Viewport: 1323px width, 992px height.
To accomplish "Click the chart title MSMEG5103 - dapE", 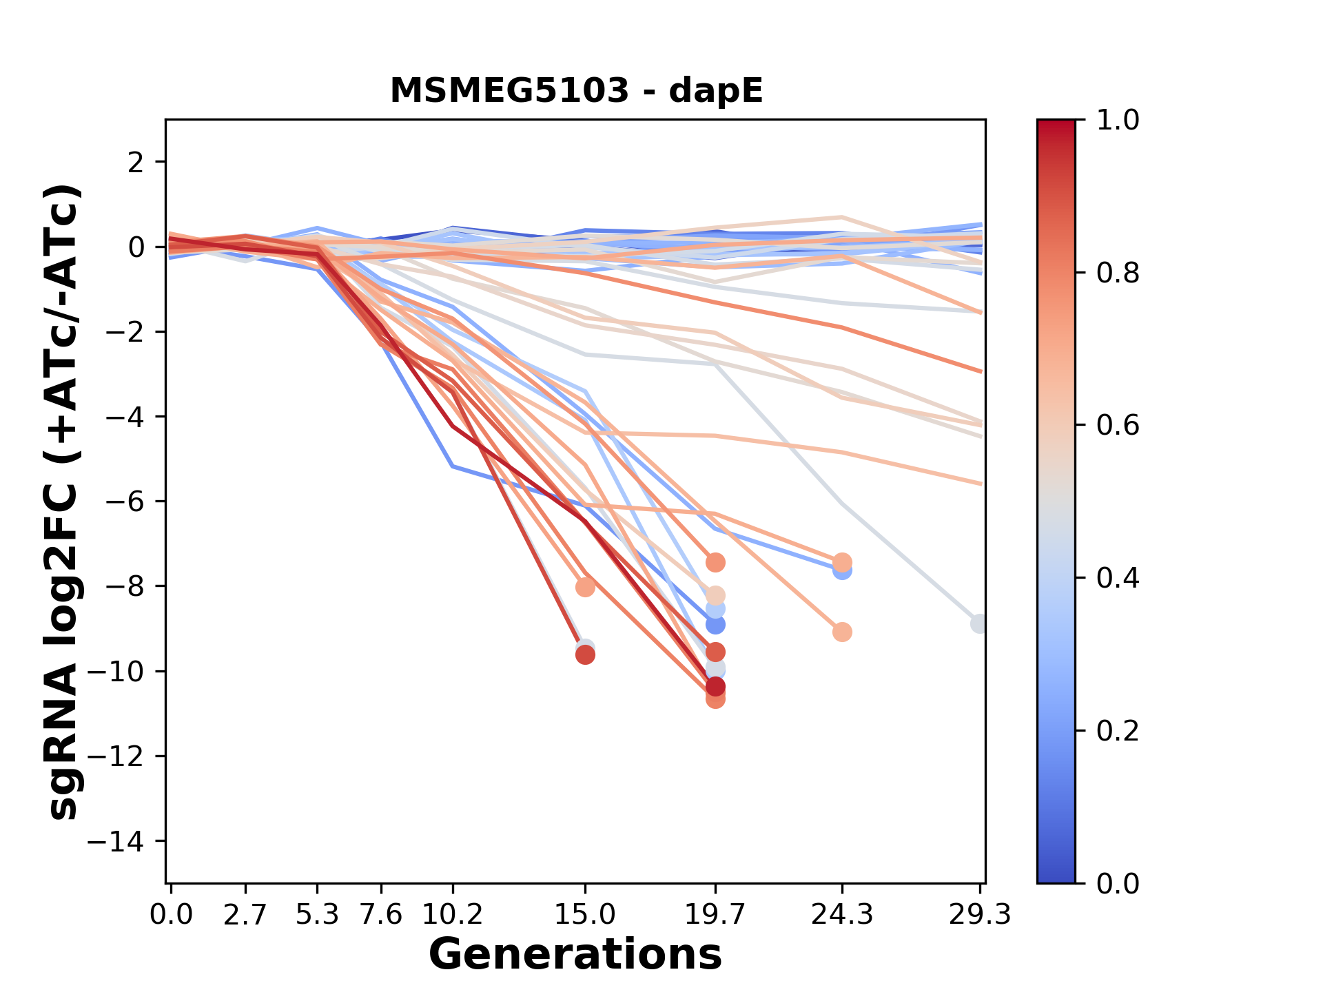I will (x=576, y=91).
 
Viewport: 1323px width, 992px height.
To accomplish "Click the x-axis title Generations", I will (x=575, y=955).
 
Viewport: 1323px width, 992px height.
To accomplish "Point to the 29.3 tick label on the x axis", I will (x=979, y=915).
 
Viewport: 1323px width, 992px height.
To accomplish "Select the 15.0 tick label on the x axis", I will (x=585, y=915).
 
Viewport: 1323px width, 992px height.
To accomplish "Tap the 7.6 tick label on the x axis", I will (x=381, y=915).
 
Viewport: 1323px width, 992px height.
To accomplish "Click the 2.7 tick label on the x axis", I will (x=245, y=915).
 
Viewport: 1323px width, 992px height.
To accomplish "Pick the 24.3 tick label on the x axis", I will (x=841, y=915).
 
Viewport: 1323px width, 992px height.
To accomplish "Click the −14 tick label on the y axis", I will (x=124, y=841).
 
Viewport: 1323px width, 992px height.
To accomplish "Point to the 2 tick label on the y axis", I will (x=136, y=163).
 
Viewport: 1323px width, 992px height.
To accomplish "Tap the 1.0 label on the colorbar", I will (x=1118, y=121).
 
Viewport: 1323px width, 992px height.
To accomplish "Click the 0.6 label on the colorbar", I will (x=1118, y=426).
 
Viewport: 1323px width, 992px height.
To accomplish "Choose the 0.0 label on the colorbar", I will (x=1118, y=883).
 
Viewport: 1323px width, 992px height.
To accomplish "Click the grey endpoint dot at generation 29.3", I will (x=979, y=623).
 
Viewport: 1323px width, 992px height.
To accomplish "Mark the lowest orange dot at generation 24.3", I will (x=842, y=632).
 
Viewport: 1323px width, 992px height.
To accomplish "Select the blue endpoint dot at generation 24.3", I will (x=842, y=571).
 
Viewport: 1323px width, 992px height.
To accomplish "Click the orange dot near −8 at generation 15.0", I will (x=585, y=588).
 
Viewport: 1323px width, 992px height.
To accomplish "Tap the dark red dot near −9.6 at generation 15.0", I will (x=585, y=655).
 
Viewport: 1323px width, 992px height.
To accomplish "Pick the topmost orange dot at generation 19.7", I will (x=715, y=563).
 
